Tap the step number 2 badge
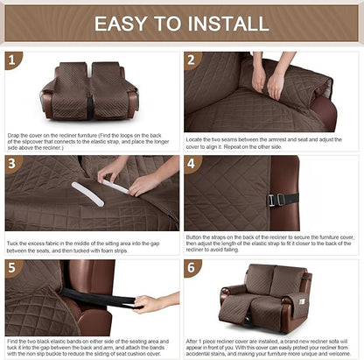click(x=192, y=60)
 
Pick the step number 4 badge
click(x=192, y=164)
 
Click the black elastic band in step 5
click(x=109, y=300)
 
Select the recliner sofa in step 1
click(x=89, y=91)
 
